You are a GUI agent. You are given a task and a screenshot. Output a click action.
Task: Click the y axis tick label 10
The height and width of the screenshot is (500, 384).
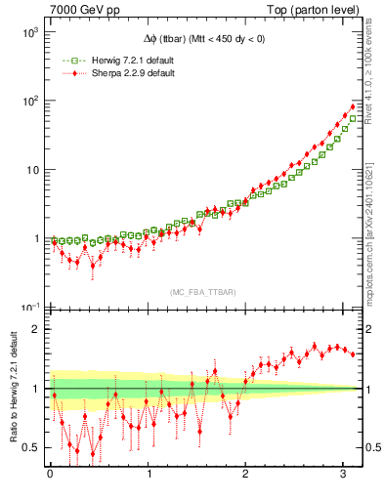31,170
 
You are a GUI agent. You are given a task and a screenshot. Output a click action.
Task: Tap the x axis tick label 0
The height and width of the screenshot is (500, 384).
50,476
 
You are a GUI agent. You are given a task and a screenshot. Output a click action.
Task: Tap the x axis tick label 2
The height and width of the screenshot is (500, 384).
246,476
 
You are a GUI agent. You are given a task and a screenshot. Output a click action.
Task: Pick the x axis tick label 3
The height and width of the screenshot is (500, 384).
344,476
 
